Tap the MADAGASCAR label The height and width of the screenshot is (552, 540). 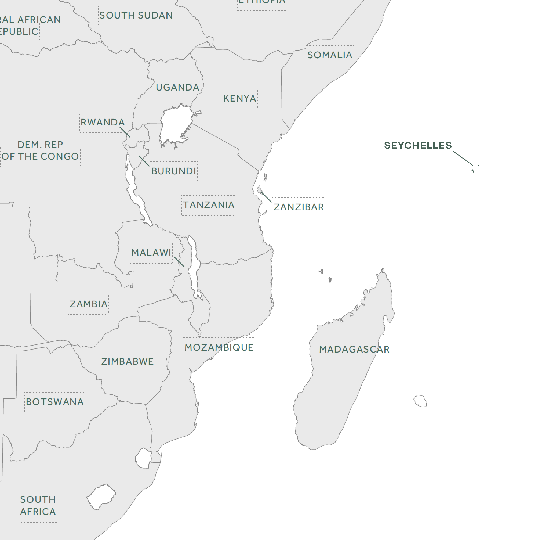click(x=354, y=349)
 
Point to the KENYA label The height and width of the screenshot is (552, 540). click(x=240, y=98)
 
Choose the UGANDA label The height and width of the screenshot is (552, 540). click(x=178, y=87)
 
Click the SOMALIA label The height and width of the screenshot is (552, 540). click(x=330, y=55)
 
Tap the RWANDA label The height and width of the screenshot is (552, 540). click(x=103, y=122)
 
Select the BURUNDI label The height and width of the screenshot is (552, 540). click(x=174, y=171)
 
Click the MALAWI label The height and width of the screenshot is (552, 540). click(x=151, y=253)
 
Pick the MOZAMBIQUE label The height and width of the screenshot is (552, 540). click(x=219, y=348)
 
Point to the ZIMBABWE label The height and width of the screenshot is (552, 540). click(x=127, y=362)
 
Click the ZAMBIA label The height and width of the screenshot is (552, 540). click(x=88, y=304)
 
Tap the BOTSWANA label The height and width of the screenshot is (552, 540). click(x=55, y=402)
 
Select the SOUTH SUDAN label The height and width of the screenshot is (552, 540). click(x=136, y=16)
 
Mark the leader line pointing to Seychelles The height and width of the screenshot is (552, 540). click(x=463, y=158)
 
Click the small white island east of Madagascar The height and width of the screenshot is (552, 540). click(x=420, y=401)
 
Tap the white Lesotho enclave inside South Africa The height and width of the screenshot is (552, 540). click(x=101, y=497)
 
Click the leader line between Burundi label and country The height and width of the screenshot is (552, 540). click(x=144, y=161)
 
